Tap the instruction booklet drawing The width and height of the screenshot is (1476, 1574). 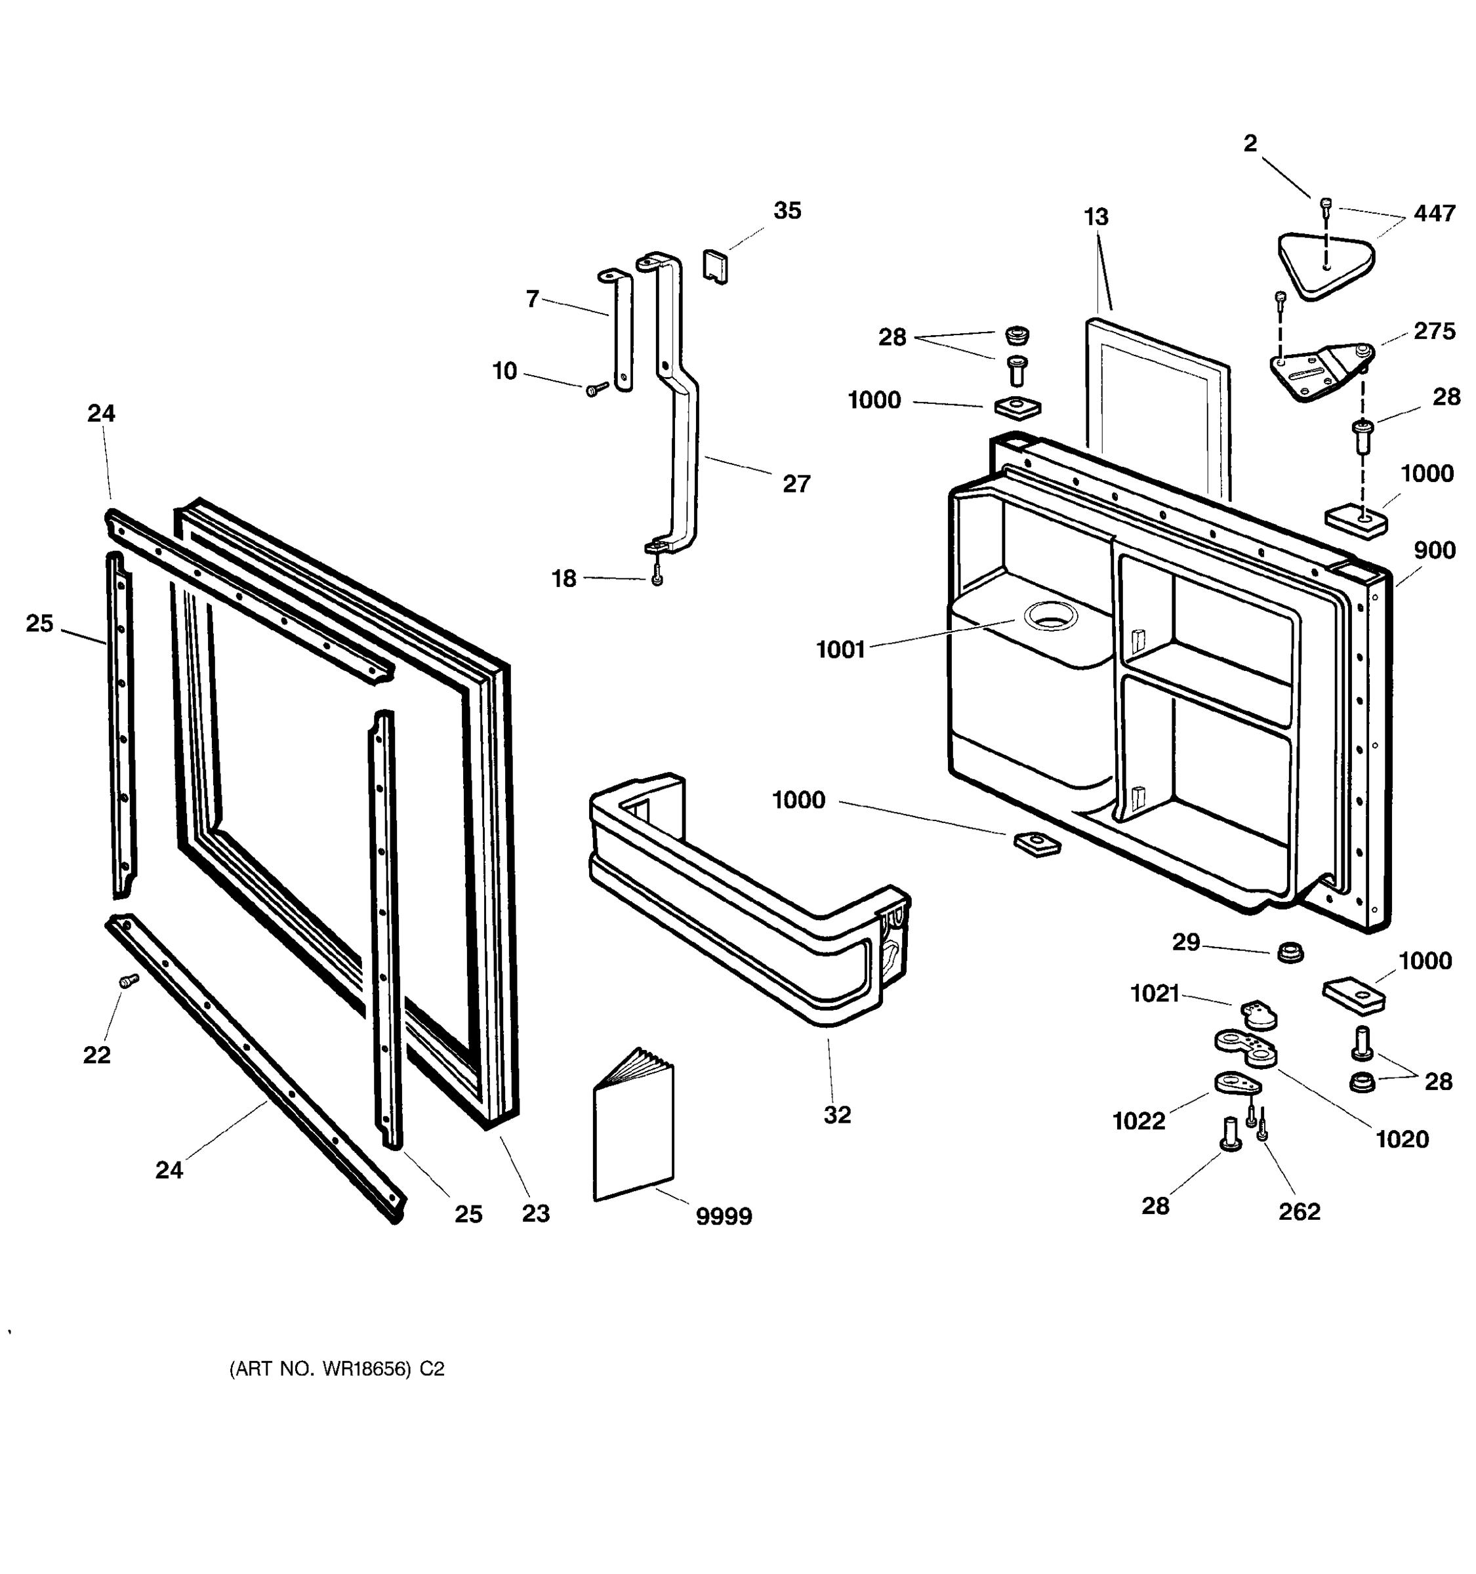634,1127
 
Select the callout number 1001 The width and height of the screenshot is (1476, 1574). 840,650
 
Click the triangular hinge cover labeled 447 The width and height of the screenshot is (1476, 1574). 1326,264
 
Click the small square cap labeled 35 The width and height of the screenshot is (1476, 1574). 715,266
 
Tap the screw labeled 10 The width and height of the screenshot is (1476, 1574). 596,389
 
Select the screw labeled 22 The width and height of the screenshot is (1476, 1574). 127,981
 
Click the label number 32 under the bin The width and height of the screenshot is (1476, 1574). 837,1115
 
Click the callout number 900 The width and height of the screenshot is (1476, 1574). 1433,550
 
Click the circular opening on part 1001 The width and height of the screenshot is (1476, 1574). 1051,615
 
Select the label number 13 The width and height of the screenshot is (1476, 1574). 1096,217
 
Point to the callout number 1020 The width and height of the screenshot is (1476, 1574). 1402,1139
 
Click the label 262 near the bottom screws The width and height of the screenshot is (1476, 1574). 1300,1211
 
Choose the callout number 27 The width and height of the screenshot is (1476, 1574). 796,484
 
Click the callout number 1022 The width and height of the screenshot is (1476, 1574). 1138,1121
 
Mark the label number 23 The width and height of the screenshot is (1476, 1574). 535,1214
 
